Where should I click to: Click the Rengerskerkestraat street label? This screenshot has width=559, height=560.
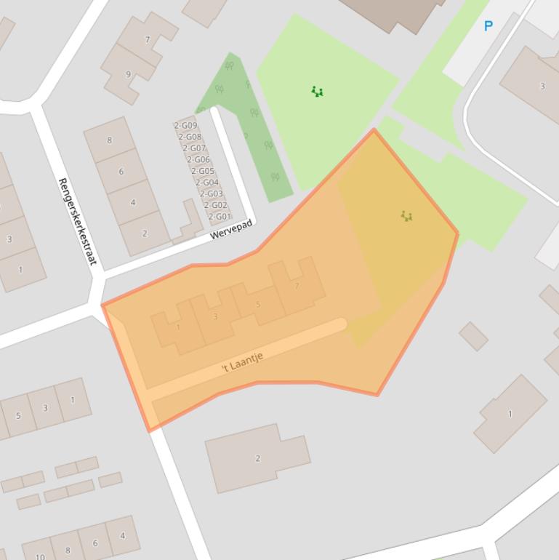point(76,221)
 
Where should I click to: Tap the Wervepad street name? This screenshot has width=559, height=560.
point(231,230)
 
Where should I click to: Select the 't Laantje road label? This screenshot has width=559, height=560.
point(242,361)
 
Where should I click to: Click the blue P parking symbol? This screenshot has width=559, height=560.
point(488,26)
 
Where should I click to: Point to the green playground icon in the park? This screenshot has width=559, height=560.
point(317,92)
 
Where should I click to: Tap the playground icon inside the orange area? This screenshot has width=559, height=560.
point(406,216)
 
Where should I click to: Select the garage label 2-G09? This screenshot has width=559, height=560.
point(185,125)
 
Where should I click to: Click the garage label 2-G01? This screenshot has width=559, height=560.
point(219,217)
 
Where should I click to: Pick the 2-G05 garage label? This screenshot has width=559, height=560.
point(202,171)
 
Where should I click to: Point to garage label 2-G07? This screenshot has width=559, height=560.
point(194,148)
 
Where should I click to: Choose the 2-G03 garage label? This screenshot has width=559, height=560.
point(211,194)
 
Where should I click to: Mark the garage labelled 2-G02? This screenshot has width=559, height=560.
point(215,205)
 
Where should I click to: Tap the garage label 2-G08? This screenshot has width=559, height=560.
point(190,137)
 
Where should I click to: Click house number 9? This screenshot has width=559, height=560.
point(129,74)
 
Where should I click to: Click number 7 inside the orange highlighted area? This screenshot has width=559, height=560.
point(297,287)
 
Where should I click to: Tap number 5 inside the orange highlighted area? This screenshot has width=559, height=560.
point(258,305)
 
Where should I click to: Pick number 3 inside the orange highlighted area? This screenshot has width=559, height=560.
point(215,316)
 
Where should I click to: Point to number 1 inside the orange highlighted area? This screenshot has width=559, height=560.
point(178,327)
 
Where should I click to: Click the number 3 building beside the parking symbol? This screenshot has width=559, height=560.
point(542,87)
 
